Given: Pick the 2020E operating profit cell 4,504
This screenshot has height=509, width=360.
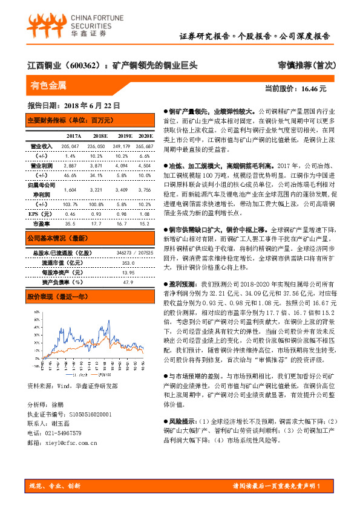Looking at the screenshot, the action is point(144,165).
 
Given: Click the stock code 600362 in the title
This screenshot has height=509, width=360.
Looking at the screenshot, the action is point(80,64).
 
